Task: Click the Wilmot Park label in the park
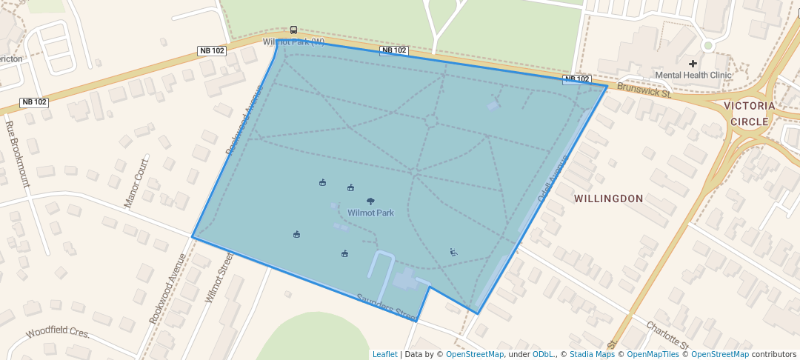point(370,213)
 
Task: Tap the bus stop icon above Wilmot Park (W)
point(294,30)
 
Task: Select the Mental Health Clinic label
point(693,75)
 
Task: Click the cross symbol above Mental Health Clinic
point(693,64)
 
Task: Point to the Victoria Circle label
point(753,113)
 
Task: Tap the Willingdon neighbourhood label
point(609,199)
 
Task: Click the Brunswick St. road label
point(644,92)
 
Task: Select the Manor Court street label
point(137,182)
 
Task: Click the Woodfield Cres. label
point(58,333)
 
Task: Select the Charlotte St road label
point(667,335)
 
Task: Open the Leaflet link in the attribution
point(384,354)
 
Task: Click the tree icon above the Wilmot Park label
point(370,201)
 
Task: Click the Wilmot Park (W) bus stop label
point(294,41)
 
